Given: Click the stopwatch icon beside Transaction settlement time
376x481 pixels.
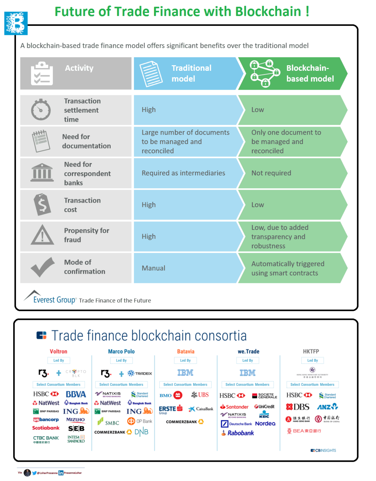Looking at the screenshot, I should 41,110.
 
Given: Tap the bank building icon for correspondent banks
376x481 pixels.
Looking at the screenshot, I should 42,173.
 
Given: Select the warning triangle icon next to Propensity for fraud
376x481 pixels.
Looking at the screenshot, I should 42,235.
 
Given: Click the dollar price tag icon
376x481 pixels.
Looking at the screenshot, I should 42,204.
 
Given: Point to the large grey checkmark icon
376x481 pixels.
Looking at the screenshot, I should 42,267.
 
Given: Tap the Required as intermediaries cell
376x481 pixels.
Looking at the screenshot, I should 183,173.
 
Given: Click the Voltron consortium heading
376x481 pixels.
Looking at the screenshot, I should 58,352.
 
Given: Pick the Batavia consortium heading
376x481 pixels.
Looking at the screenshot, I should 186,352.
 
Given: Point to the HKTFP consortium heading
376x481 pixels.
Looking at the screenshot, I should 311,352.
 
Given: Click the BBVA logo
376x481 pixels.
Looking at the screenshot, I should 76,394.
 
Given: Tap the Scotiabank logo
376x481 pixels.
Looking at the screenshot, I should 46,428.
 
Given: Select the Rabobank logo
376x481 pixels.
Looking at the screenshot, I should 238,433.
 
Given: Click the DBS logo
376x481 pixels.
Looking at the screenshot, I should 298,407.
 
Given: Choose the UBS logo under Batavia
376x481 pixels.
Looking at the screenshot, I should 200,395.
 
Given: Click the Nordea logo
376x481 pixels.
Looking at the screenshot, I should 265,423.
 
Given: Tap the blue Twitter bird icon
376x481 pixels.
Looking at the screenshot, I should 34,473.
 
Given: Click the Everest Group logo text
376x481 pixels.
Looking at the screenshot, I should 54,300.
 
